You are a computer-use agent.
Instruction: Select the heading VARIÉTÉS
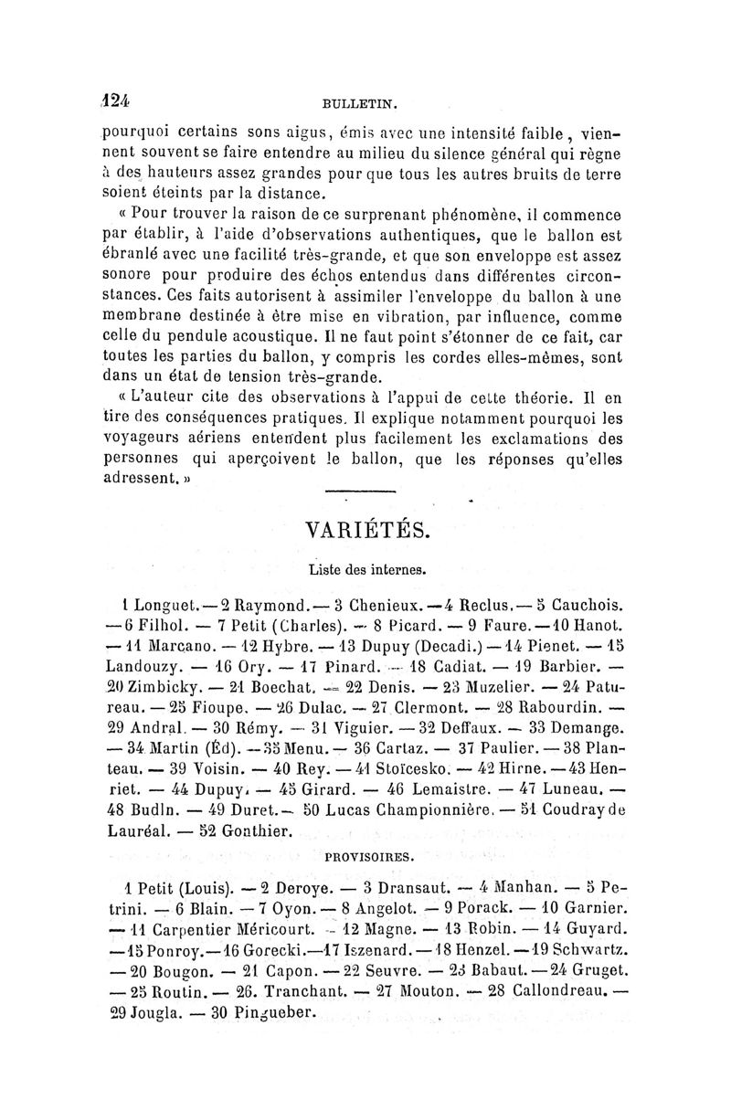pyautogui.click(x=363, y=530)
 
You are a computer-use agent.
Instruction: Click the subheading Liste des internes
pyautogui.click(x=364, y=570)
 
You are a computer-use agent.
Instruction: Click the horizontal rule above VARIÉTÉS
pyautogui.click(x=359, y=492)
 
